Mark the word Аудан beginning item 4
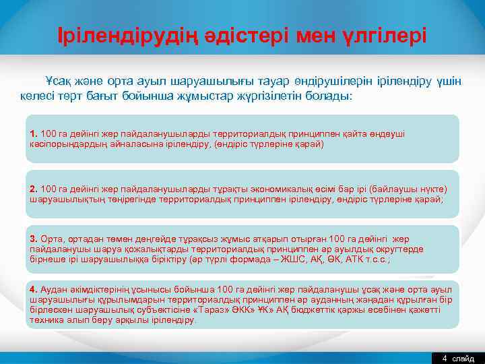55,289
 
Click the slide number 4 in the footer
445,358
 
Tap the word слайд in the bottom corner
464,358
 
